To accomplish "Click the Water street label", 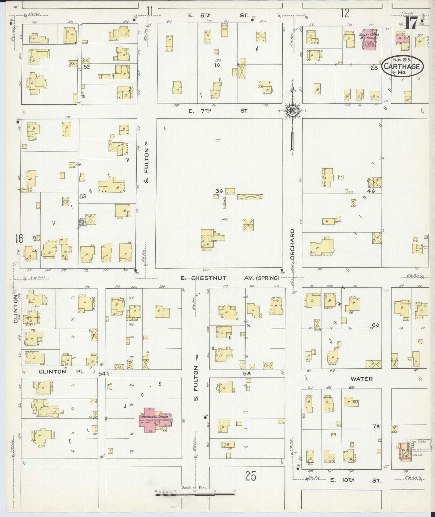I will tap(361, 379).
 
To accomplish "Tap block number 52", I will tap(87, 67).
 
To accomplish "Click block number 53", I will tap(82, 196).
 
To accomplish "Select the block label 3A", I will tap(219, 191).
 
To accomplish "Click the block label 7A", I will tap(376, 426).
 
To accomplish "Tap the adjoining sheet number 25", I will tap(250, 476).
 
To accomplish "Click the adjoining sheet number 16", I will tap(19, 239).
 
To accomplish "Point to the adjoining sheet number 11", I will tap(150, 11).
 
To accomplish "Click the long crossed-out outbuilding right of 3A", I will tap(250, 197).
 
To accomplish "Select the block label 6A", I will tap(375, 325).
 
